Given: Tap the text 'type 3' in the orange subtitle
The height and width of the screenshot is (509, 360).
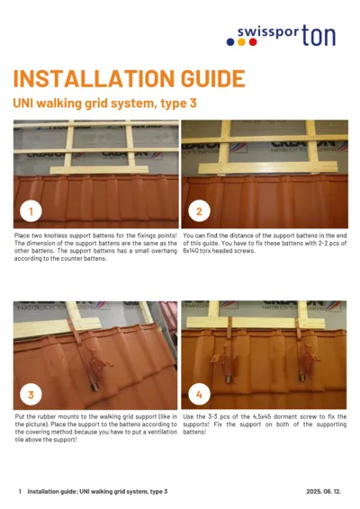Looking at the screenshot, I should (178, 103).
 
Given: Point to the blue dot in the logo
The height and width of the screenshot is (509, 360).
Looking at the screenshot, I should (231, 40).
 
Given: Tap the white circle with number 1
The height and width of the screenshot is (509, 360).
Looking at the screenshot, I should (31, 212).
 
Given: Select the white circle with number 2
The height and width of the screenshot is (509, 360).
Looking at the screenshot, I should (198, 212).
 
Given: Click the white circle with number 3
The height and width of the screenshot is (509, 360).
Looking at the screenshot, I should (31, 394).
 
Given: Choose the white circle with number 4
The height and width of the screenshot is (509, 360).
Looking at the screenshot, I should (198, 394).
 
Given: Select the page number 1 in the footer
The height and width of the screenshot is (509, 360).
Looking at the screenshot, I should (20, 492).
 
